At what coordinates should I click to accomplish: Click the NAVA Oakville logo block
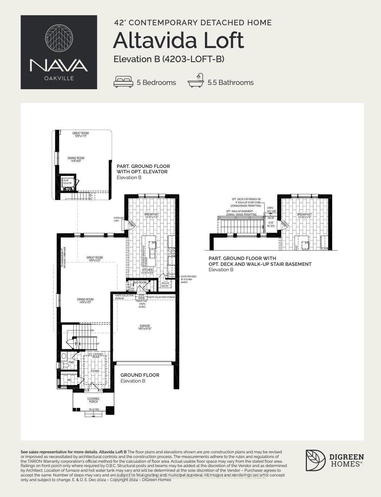59,52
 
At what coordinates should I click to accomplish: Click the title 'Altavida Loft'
178,40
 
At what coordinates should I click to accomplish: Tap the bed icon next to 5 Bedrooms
123,82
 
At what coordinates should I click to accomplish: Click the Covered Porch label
93,400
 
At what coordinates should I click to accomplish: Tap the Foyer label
95,371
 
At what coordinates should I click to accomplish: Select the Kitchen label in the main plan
147,271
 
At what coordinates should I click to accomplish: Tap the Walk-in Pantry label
165,285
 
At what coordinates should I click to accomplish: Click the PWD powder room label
71,362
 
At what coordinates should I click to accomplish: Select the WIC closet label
69,380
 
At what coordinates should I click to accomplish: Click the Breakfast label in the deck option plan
304,216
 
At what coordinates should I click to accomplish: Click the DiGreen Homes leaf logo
315,460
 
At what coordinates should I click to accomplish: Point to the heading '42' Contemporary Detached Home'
193,22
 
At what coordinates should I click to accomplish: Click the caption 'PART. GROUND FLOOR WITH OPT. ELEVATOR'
143,169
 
